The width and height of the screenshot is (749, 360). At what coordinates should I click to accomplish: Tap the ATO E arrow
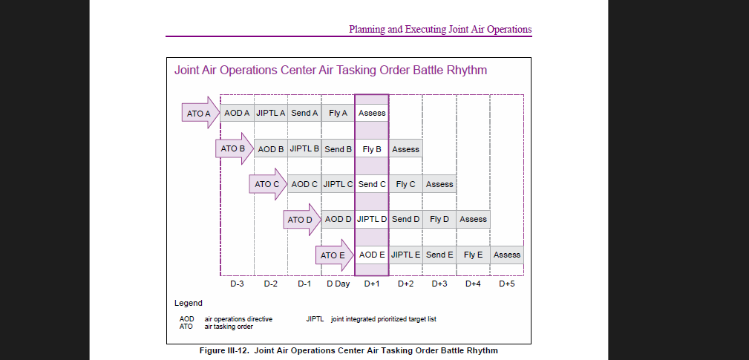coord(334,255)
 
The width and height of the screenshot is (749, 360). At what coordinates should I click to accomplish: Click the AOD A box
coord(237,113)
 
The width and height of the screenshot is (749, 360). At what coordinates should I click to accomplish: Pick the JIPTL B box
coord(304,148)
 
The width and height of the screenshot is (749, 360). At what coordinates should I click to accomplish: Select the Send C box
coord(372,184)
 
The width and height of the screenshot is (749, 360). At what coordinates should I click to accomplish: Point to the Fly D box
coord(439,219)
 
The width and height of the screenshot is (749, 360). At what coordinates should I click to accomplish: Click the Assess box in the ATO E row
coord(506,255)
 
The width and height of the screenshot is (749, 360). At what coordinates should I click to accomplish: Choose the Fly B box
coord(372,149)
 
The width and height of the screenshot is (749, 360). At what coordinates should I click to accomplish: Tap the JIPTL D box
coord(372,219)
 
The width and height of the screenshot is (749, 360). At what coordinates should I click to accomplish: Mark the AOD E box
coord(372,255)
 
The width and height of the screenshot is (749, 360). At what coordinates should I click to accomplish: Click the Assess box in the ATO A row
coord(372,113)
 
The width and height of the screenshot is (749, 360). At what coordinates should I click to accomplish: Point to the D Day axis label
coord(338,284)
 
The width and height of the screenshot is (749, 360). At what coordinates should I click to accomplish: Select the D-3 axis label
coord(237,284)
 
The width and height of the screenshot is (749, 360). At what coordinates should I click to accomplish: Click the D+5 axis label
coord(507,284)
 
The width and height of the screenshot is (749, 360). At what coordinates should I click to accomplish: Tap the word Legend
coord(189,303)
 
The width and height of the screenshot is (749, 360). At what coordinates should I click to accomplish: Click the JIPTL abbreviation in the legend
coord(315,319)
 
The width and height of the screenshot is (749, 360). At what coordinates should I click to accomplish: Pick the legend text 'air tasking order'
coord(229,327)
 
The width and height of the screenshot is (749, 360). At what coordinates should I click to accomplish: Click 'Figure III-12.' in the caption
coord(224,350)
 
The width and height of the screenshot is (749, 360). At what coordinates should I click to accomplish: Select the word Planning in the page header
coord(367,30)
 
